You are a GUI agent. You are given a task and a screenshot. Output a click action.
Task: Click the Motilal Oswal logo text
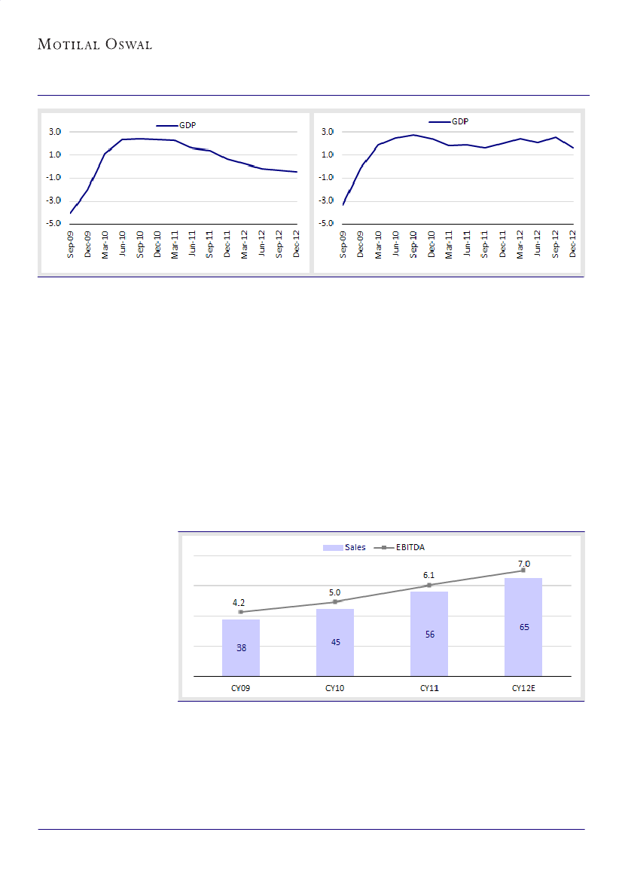click(95, 44)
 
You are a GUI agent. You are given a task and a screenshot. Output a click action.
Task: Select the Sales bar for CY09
click(241, 647)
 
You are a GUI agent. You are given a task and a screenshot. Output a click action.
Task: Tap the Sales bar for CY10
click(335, 642)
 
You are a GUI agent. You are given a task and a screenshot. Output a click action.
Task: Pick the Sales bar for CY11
click(429, 634)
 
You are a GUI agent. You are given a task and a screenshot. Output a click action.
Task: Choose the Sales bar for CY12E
click(523, 627)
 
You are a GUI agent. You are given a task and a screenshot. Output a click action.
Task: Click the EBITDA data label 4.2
click(239, 602)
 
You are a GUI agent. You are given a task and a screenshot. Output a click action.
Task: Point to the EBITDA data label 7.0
click(524, 563)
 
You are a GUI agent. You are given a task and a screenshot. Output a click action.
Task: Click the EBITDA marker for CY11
click(429, 585)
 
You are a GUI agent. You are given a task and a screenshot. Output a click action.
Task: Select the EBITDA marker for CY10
click(335, 601)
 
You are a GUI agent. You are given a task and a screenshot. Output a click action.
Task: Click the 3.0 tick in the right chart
click(328, 132)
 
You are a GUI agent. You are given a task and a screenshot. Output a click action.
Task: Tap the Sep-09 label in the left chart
click(72, 245)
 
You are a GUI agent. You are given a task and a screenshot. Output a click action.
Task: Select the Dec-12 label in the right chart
click(573, 245)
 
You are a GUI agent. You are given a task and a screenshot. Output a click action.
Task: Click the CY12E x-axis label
click(523, 688)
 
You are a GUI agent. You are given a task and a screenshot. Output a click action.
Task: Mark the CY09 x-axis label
click(240, 688)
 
